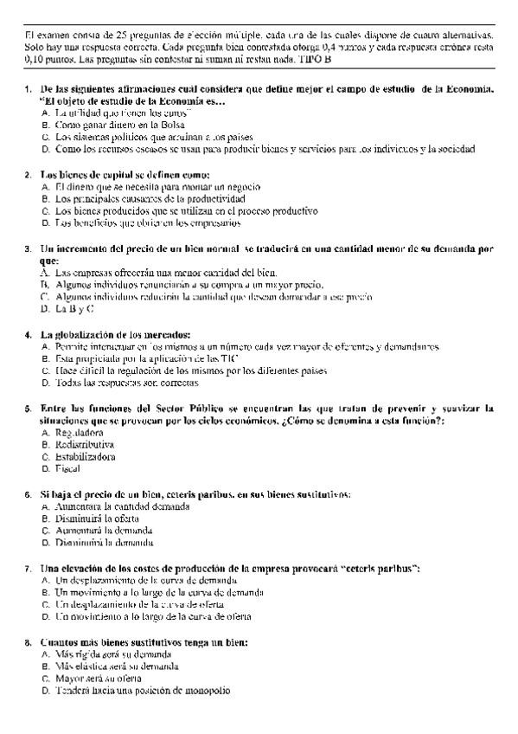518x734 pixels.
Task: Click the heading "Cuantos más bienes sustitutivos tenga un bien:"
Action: coord(144,642)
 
